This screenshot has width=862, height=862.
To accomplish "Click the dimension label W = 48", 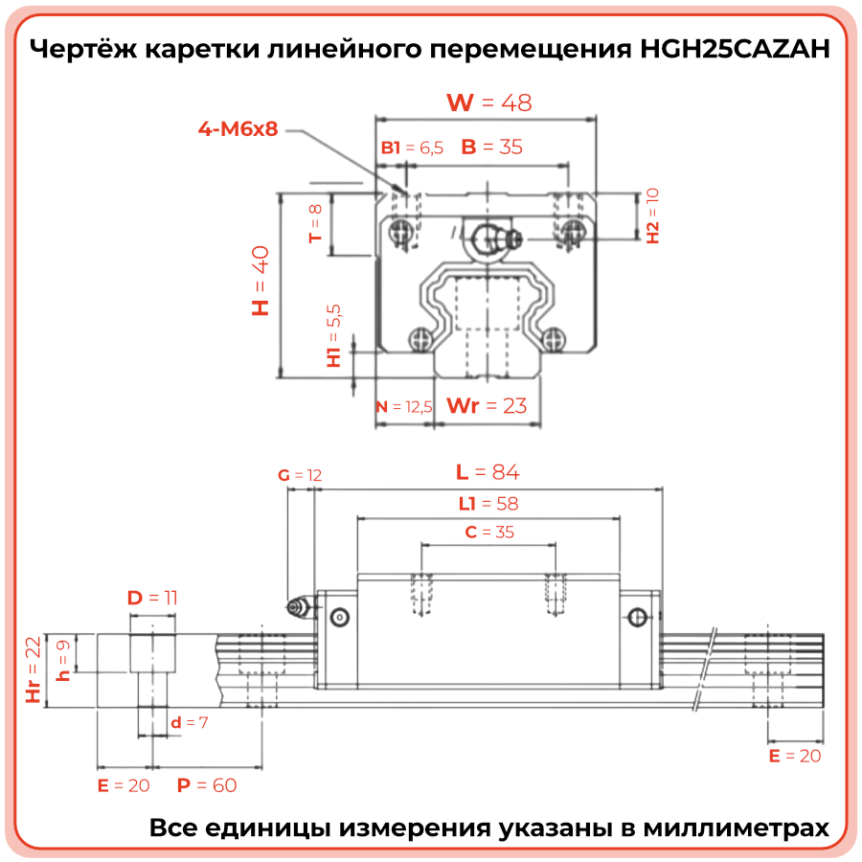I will [x=488, y=102].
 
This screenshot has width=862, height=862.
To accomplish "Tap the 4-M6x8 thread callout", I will [x=238, y=128].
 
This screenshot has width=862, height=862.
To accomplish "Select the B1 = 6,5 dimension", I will [x=412, y=147].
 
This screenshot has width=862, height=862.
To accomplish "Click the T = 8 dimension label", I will [x=315, y=223].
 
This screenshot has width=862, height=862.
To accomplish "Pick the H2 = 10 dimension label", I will [x=652, y=215].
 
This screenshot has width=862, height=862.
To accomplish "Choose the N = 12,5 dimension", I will [x=403, y=406].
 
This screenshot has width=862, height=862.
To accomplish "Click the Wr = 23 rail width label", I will [x=488, y=405].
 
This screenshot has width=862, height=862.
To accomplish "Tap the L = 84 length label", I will [x=488, y=471].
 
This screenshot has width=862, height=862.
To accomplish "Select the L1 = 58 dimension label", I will [x=488, y=503].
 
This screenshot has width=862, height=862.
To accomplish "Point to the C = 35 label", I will [x=488, y=532].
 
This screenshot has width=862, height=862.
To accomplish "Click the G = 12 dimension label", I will [x=299, y=475].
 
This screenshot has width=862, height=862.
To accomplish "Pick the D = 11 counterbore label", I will [x=153, y=598].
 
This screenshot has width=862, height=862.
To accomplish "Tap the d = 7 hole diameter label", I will [x=189, y=722].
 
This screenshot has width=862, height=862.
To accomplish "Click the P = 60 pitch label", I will [x=206, y=785].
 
